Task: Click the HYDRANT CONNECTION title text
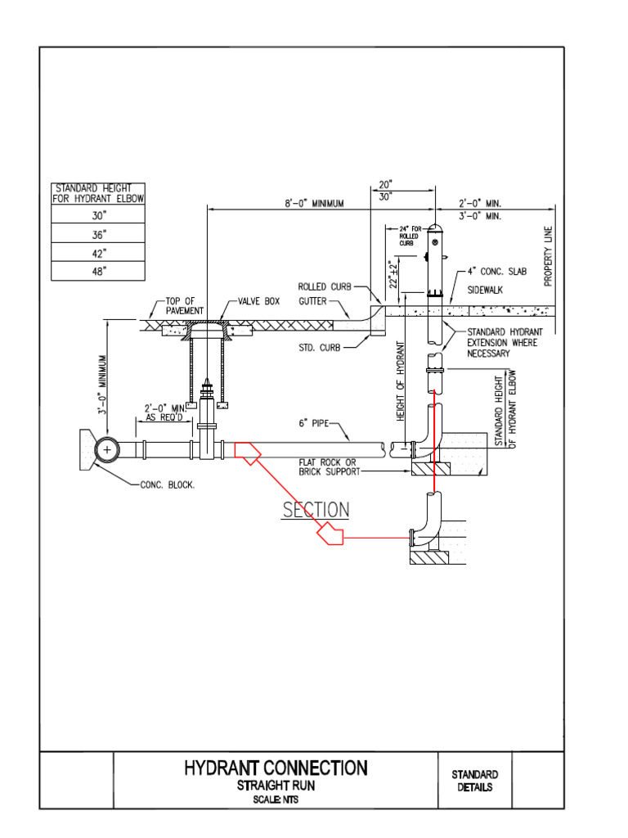click(276, 768)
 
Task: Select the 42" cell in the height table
click(98, 254)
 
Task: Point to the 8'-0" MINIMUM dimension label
click(315, 203)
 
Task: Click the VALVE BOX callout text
click(258, 301)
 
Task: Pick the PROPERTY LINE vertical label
click(549, 256)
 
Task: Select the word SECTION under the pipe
click(316, 510)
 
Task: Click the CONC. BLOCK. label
click(168, 484)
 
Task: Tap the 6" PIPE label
click(315, 424)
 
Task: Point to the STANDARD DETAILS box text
click(475, 781)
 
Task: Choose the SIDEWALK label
click(486, 291)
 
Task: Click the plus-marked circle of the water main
click(106, 448)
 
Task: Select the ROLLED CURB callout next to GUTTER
click(324, 286)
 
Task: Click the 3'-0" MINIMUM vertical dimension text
click(104, 385)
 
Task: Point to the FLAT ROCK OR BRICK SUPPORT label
click(328, 467)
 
